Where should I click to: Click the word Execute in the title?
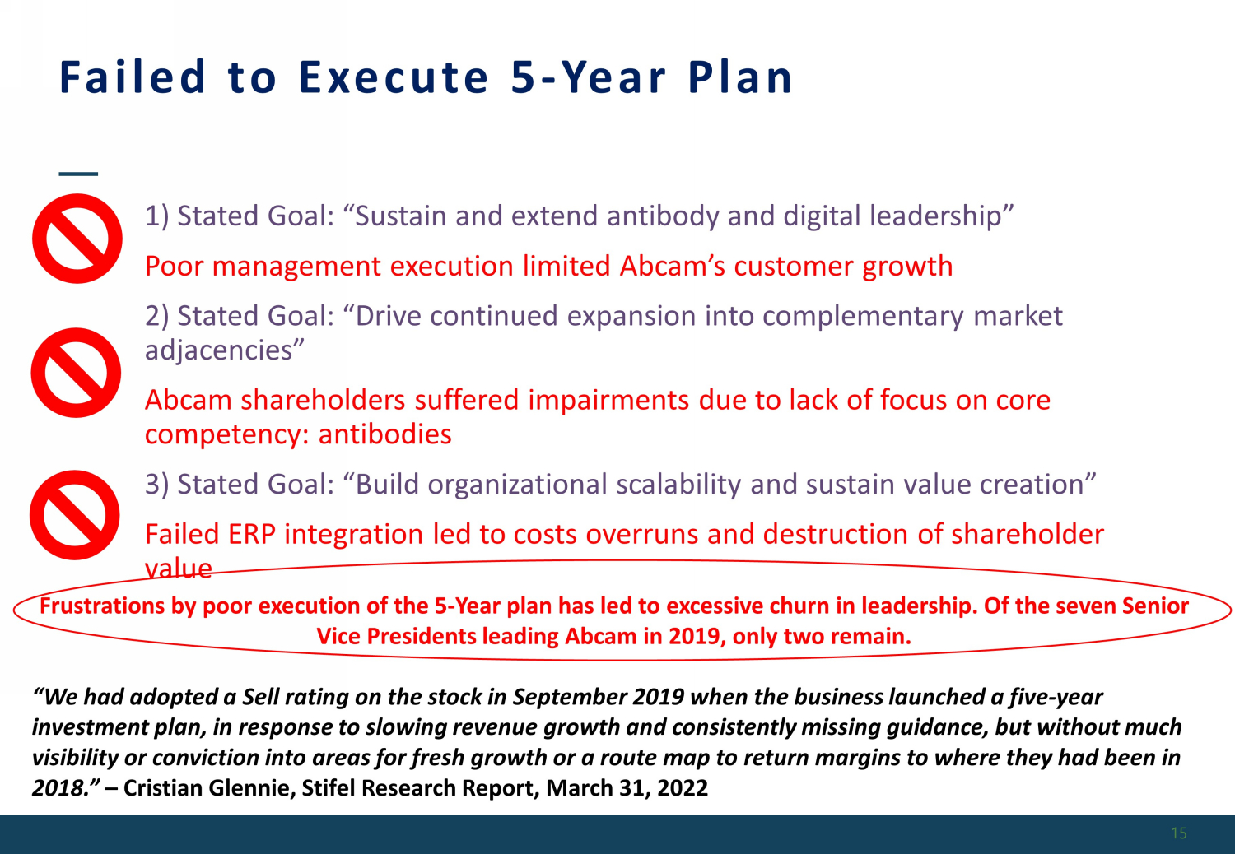pos(394,77)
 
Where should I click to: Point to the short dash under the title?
pos(78,174)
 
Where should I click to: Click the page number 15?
pos(1179,833)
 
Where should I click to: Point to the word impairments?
pos(608,401)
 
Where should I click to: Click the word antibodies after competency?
pos(384,434)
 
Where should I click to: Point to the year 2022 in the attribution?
pos(683,788)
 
